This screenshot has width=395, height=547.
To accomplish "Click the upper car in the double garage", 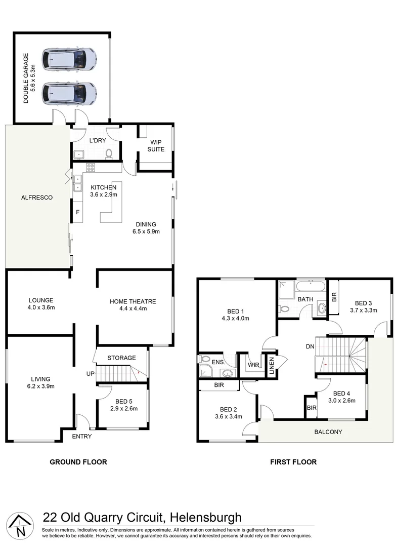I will [70, 59].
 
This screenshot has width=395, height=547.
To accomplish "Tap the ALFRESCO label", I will [37, 198].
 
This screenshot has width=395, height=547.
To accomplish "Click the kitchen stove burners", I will [91, 167].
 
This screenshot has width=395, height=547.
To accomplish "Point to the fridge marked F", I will [77, 212].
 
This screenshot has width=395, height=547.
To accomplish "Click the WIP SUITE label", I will [156, 146].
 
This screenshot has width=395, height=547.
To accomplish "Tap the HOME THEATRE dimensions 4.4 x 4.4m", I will [133, 309].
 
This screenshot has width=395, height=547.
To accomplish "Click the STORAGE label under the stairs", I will [121, 358].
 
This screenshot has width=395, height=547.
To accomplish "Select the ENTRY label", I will [82, 437].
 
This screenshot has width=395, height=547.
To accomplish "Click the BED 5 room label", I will [123, 401].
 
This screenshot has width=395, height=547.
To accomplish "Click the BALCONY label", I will [328, 432].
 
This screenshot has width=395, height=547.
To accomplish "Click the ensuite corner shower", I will [205, 370].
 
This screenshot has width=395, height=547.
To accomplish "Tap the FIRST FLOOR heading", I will [293, 462].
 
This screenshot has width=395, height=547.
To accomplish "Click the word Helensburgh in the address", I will [206, 518].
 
